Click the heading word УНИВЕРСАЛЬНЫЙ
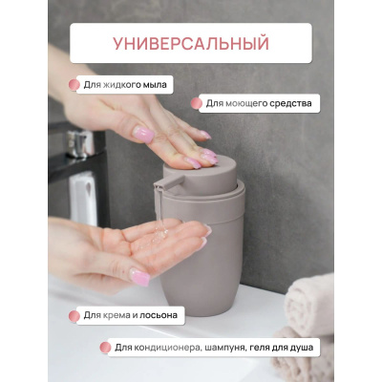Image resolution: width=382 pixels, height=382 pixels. tap(191, 43)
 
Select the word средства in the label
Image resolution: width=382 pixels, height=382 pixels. tap(290, 103)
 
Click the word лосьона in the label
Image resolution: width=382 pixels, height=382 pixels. tap(159, 315)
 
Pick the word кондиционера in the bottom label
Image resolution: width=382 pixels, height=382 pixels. tap(167, 348)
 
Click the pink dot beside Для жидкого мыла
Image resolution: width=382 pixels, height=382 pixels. tap(74, 85)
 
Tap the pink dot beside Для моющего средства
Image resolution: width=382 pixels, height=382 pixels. tap(197, 103)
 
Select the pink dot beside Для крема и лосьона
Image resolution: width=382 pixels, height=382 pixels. tap(74, 316)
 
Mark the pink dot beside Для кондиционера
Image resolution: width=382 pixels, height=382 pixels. tap(105, 348)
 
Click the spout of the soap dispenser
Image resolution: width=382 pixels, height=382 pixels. tap(166, 183)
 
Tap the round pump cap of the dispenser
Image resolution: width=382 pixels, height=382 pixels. tap(201, 175)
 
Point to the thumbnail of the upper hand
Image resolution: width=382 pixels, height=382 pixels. tap(143, 134)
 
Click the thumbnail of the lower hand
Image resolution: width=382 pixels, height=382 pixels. tap(139, 276)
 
